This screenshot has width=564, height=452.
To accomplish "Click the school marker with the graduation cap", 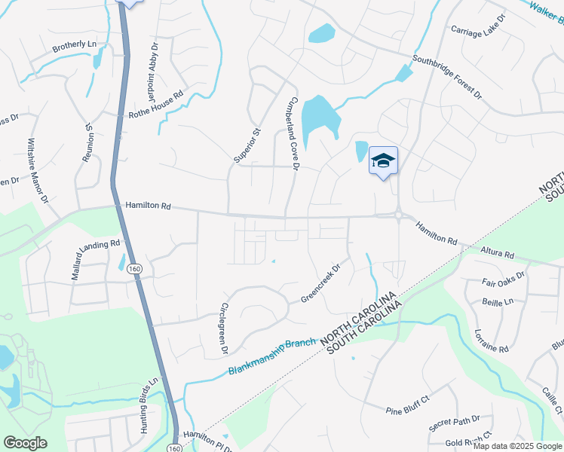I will [x=383, y=160].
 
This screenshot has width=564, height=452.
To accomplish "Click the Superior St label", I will [x=247, y=145].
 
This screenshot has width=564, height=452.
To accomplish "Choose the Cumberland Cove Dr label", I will [x=293, y=133].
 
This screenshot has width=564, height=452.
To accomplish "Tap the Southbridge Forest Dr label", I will [x=446, y=78].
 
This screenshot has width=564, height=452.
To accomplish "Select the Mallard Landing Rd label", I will [x=96, y=260].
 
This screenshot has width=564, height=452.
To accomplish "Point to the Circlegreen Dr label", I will [x=223, y=329].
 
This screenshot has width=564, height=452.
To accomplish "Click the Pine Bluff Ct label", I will [x=407, y=410].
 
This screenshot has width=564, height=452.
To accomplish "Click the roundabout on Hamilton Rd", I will [x=397, y=216].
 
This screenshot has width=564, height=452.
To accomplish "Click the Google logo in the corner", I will [x=25, y=443].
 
